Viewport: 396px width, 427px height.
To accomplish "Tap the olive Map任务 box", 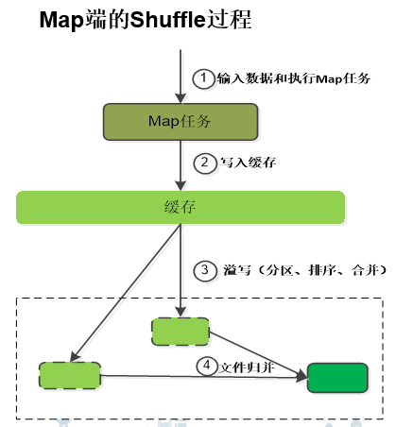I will point(180,120).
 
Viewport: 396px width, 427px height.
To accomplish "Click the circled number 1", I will point(202,78).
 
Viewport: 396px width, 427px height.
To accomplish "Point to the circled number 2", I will point(202,162).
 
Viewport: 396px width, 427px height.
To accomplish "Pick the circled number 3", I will point(202,270).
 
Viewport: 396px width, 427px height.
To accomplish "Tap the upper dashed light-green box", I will point(180,330).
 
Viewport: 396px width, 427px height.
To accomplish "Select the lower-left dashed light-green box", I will point(70,374).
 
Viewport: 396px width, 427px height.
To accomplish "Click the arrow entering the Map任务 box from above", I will point(180,76).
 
